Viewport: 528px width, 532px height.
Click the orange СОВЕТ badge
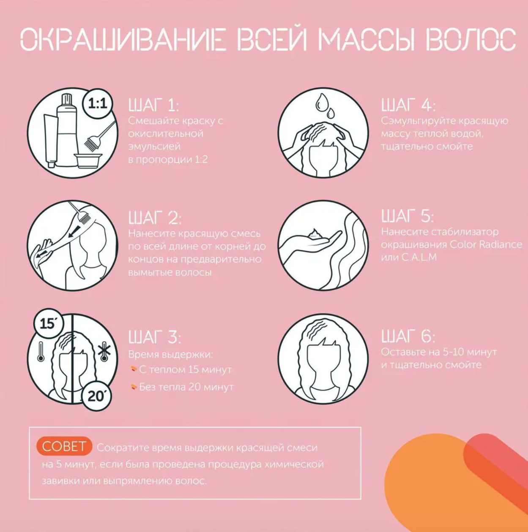click(x=64, y=446)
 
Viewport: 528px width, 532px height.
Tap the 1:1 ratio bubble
click(x=98, y=103)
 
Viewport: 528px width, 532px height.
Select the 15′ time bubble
click(x=48, y=323)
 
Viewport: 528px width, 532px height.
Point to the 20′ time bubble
click(x=97, y=396)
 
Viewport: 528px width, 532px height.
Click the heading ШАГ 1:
click(x=154, y=105)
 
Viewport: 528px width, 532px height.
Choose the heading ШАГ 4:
click(x=408, y=105)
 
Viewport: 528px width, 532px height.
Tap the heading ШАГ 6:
click(x=408, y=337)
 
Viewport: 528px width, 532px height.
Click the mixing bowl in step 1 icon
click(x=88, y=160)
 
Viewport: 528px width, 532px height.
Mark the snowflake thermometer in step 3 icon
click(x=104, y=351)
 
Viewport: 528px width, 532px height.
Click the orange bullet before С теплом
click(x=134, y=369)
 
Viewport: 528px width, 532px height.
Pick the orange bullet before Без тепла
click(x=134, y=387)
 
